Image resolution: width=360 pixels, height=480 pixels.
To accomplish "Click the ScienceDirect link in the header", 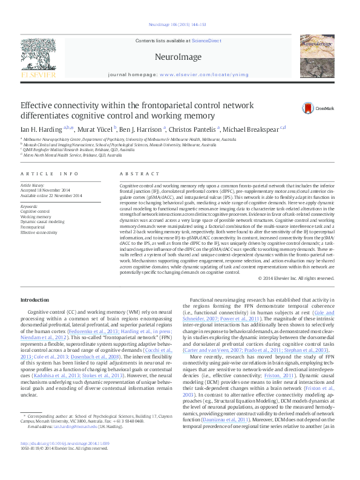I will [x=206, y=41].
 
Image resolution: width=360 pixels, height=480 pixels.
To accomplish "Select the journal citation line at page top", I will [x=180, y=25].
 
